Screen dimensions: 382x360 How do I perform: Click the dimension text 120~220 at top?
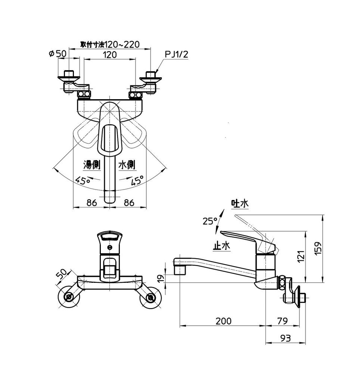[122, 44]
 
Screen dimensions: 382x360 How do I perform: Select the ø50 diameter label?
[58, 54]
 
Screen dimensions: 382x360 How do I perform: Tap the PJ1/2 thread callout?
[176, 54]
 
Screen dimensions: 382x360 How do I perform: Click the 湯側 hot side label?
[92, 165]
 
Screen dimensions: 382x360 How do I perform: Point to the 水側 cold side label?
[126, 165]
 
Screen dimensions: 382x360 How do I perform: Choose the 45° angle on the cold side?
[137, 181]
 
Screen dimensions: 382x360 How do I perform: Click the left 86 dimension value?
[91, 203]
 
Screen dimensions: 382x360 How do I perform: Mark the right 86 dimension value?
[129, 203]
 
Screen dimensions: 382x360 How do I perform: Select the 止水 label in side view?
[221, 246]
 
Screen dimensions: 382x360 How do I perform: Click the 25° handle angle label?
[210, 221]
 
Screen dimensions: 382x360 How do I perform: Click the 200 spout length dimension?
[223, 321]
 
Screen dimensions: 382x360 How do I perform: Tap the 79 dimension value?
[283, 321]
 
